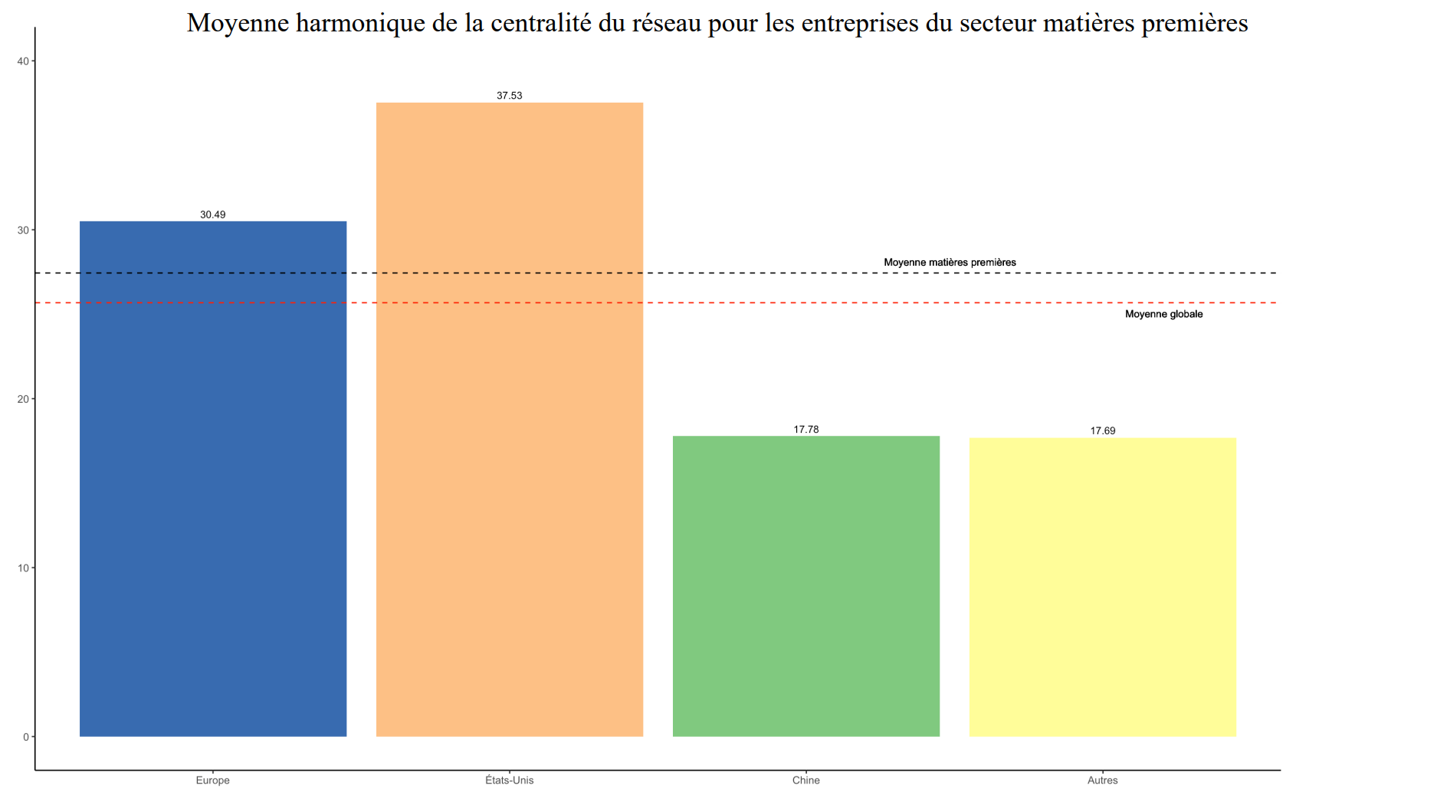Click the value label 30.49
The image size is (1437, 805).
(213, 214)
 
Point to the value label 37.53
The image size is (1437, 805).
(510, 96)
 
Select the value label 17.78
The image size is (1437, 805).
(806, 430)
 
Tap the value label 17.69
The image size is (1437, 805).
(1103, 431)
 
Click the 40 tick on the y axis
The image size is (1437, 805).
(23, 61)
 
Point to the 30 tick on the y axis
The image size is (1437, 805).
(23, 231)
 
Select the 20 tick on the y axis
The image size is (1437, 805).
(23, 399)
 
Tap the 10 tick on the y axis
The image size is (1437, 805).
(23, 568)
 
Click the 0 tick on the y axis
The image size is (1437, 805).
(26, 737)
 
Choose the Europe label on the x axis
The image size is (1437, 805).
(213, 780)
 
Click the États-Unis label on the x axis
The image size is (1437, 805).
(510, 780)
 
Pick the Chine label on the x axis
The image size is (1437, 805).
(806, 780)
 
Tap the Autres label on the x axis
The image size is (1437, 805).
(1103, 780)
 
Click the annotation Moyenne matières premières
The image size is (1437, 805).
(950, 263)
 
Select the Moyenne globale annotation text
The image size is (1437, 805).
(1163, 314)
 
